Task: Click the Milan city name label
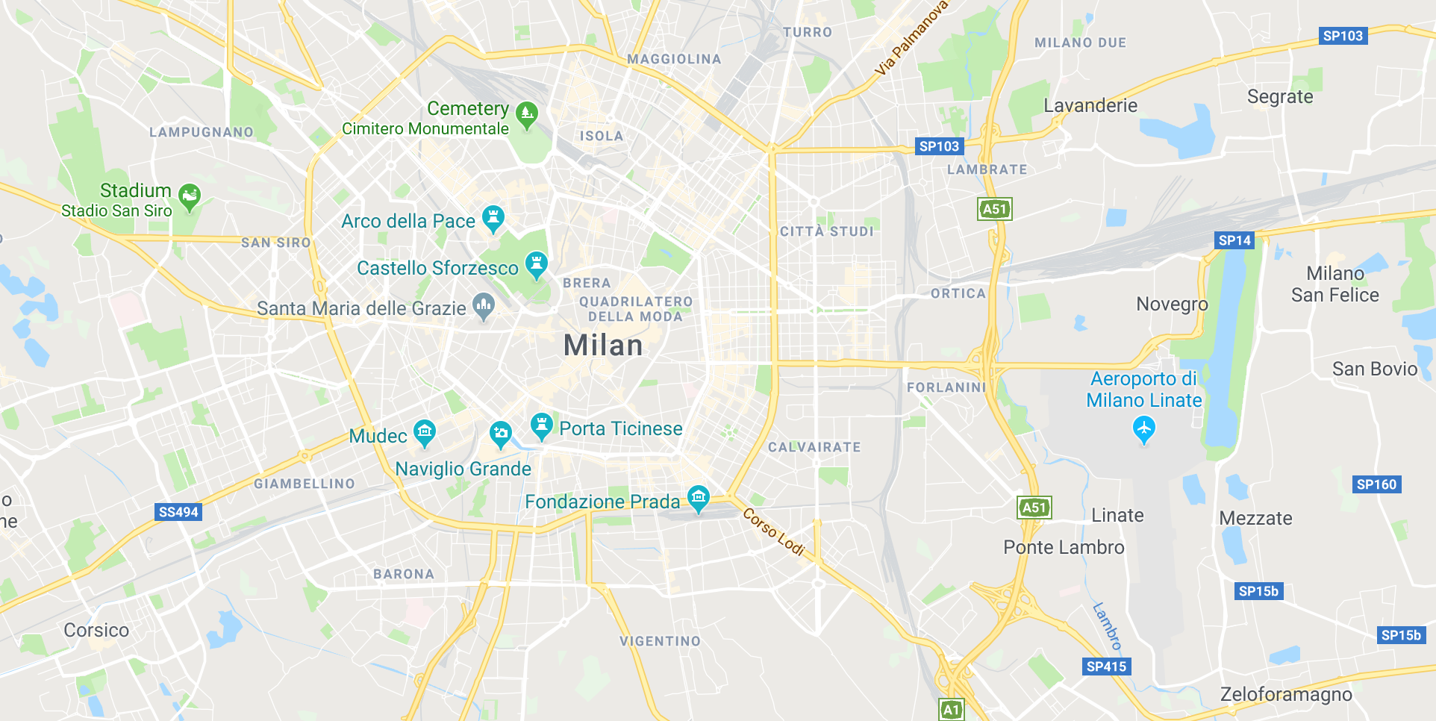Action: click(602, 346)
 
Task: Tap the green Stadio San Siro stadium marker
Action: click(190, 197)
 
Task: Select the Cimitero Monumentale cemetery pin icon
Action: click(527, 114)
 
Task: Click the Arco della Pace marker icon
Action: click(493, 218)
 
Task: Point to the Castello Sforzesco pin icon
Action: click(536, 264)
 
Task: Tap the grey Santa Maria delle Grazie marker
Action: click(484, 305)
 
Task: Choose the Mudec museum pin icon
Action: click(425, 431)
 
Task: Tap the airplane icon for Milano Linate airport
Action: click(1143, 429)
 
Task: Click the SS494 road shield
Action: click(178, 512)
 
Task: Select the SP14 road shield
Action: click(1234, 240)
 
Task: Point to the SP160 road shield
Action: click(1376, 484)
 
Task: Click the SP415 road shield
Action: click(1106, 667)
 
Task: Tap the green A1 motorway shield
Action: click(951, 709)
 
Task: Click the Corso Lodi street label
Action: click(774, 531)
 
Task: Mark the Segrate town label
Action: click(1280, 97)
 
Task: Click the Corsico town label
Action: click(96, 631)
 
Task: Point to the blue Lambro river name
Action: click(1108, 625)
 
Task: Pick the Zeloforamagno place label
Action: click(1286, 695)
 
